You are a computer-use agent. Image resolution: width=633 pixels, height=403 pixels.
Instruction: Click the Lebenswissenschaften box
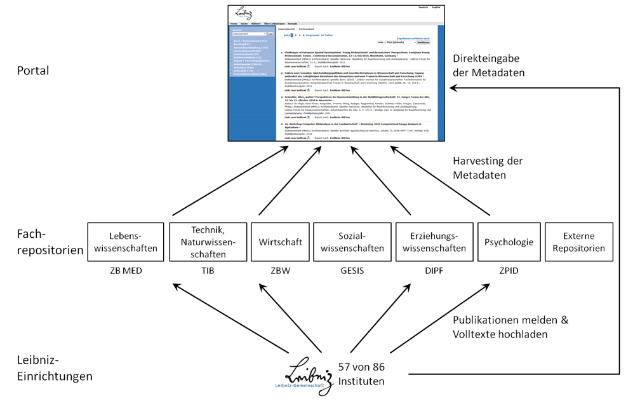point(124,241)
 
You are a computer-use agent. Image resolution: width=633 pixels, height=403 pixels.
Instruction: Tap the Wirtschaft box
point(276,241)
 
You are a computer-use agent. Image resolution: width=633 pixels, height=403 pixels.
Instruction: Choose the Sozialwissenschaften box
point(352,241)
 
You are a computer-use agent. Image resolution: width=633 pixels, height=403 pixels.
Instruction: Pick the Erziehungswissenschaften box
point(434,241)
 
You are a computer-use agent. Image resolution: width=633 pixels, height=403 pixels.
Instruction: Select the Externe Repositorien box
point(578,241)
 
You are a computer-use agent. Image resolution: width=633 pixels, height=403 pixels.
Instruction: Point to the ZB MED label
point(124,272)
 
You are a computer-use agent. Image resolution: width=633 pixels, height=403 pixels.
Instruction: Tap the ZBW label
point(276,272)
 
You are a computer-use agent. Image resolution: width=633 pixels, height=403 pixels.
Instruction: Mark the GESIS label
point(352,272)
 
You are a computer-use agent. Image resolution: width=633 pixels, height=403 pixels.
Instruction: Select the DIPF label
point(434,272)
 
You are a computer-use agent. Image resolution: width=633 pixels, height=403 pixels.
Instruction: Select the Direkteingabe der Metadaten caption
point(489,65)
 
